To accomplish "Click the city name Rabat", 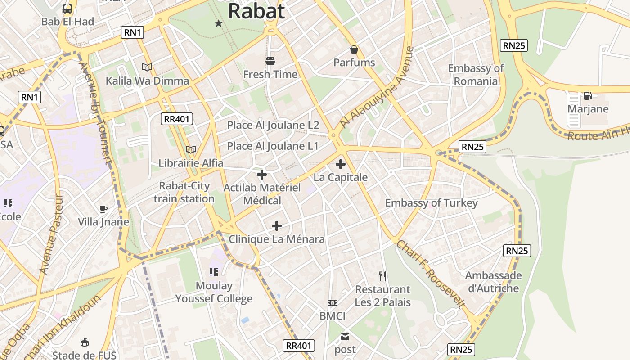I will coord(256,11).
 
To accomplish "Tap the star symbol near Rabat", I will coord(219,23).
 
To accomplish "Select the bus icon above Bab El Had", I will coord(67,9).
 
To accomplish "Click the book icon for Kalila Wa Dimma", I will coord(147,67).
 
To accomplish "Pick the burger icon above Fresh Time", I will coord(270,61).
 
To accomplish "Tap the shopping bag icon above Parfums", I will coord(354,49).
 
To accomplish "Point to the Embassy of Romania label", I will coord(476,75).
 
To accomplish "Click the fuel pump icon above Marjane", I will coord(588,96).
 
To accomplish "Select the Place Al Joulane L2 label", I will coord(273,125).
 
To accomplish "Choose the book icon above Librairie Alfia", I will coord(191,149).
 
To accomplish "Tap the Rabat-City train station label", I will coord(184,192).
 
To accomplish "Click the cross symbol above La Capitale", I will coord(341,164).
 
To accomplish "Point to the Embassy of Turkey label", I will coord(431,203).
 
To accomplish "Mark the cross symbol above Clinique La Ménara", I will coord(277,226).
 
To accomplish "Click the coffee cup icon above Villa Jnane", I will coord(103,209).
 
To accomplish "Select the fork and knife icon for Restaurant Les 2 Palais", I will coord(382,276).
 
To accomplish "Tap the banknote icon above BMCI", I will coord(333,303).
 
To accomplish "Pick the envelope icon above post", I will coord(345,336).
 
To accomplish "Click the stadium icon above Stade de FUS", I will coord(84,342).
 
